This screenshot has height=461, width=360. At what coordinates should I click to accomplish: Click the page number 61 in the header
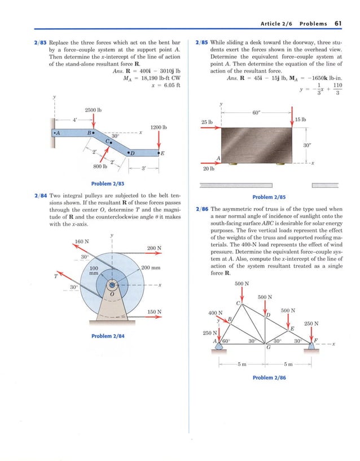click(x=338, y=24)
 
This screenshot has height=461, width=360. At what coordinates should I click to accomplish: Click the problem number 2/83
click(x=40, y=42)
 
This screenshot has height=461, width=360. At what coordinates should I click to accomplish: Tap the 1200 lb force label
click(x=159, y=128)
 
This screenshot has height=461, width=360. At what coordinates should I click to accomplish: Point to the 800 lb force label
click(x=101, y=166)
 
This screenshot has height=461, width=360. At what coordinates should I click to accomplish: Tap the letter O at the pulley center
click(x=112, y=293)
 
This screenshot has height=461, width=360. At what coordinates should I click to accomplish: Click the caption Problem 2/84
click(x=108, y=336)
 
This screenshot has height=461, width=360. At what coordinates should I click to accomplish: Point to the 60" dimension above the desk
click(x=256, y=113)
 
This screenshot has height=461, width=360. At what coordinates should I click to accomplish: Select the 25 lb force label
click(x=207, y=122)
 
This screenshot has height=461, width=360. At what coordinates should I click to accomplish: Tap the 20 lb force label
click(x=208, y=169)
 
